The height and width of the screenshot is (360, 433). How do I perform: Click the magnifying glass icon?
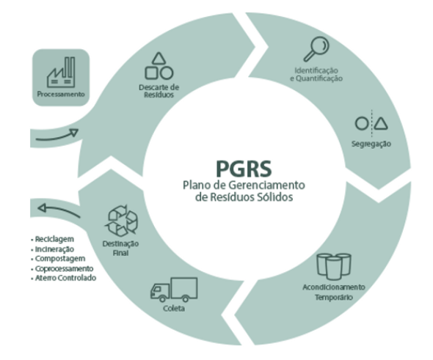click(x=316, y=49)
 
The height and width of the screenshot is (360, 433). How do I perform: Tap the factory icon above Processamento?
click(x=61, y=72)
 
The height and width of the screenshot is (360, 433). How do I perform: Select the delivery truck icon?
click(x=174, y=290)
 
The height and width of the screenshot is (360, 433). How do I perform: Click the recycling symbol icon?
click(x=122, y=221)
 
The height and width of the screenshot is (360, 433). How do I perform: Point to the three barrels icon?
click(x=334, y=266)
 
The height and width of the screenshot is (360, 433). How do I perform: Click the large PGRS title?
click(x=244, y=169)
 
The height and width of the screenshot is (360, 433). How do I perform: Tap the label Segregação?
click(x=371, y=144)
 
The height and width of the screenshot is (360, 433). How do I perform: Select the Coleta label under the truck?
click(x=174, y=308)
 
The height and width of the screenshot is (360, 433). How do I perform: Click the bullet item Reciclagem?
click(x=54, y=239)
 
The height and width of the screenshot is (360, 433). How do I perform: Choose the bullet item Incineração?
click(x=54, y=249)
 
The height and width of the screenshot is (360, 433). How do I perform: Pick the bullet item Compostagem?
click(x=60, y=259)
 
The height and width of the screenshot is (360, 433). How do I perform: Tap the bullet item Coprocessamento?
click(x=64, y=268)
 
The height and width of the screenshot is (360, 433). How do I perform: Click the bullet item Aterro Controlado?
click(x=65, y=278)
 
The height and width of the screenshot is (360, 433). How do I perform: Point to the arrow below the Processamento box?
click(x=57, y=136)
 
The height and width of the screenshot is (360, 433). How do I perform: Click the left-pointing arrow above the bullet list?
click(x=59, y=210)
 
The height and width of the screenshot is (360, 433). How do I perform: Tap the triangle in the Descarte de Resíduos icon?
click(x=159, y=58)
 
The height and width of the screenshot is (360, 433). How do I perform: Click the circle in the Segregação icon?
click(x=362, y=123)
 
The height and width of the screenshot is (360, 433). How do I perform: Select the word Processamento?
click(x=61, y=95)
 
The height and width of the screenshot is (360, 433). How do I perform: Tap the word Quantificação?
click(x=319, y=78)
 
